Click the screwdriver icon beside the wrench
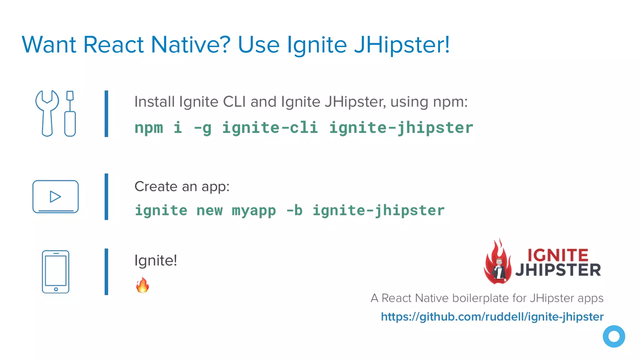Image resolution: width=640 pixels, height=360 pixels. tap(70, 114)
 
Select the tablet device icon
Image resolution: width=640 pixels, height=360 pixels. tap(56, 271)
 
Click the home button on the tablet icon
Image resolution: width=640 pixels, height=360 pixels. tap(56, 289)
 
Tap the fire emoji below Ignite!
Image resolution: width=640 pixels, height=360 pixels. tap(142, 285)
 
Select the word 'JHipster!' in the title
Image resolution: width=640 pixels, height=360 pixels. tap(402, 45)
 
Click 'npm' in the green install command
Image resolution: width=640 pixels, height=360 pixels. tap(149, 128)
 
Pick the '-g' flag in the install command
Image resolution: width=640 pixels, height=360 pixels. tap(202, 128)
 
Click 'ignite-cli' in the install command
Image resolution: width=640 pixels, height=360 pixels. tap(270, 128)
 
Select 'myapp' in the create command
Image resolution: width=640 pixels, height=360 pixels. tap(254, 211)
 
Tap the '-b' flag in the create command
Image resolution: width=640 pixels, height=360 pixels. tap(294, 211)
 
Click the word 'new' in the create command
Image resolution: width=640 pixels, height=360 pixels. tap(209, 211)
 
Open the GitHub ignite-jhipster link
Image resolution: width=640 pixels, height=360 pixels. tap(492, 317)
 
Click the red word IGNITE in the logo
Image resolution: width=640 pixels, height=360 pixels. tap(558, 255)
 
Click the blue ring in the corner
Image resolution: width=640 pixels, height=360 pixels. tap(614, 336)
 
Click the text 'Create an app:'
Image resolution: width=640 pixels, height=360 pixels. tap(182, 187)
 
